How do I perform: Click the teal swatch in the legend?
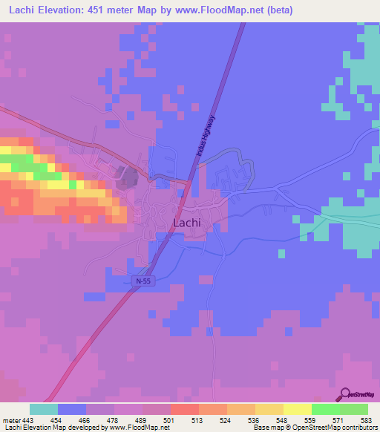point(44,409)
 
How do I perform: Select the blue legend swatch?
point(72,409)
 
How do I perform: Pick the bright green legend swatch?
point(325,409)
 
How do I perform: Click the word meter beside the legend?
point(10,419)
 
